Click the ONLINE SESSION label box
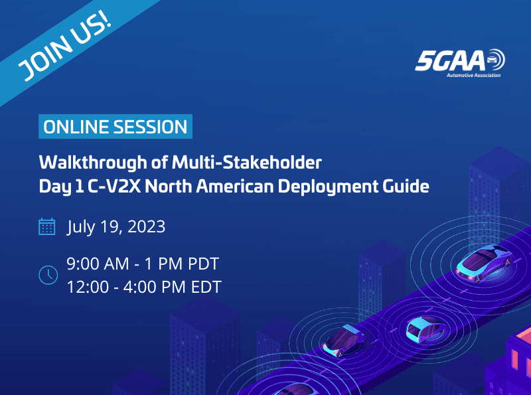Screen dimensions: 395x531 coord(115,127)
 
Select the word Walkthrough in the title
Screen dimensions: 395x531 coord(87,163)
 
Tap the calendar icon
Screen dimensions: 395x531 coord(47,227)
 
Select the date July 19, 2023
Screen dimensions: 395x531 coord(116,227)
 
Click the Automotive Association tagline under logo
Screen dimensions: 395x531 coord(473,76)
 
